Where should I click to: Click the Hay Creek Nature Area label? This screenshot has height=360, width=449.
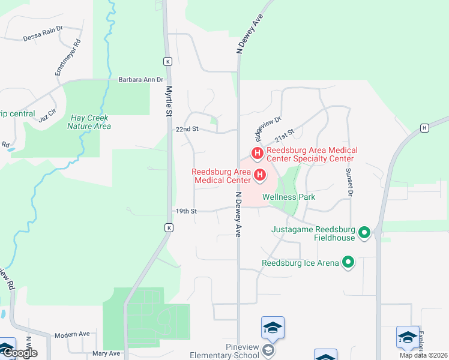(89, 122)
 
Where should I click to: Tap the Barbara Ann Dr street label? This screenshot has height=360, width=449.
(140, 79)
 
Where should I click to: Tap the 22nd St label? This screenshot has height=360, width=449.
(187, 129)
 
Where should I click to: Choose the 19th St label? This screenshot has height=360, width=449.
(187, 211)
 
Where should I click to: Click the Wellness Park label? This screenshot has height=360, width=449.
(289, 197)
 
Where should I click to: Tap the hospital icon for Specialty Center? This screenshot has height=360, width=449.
(257, 154)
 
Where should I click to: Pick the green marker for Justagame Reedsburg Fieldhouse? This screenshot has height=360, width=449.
(364, 232)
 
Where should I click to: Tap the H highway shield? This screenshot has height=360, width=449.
(424, 128)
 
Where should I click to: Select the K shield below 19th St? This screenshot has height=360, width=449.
(169, 228)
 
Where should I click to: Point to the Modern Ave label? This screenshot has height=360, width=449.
(71, 334)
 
